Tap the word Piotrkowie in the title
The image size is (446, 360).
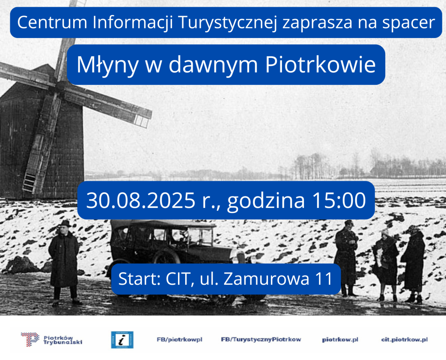pos(320,64)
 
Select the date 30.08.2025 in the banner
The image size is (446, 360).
pos(141,200)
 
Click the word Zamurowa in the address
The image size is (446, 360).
pos(266,279)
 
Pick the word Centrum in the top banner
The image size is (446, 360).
pos(52,22)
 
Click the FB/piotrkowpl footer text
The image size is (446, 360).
pos(180,340)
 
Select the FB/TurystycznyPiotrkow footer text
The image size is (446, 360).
pos(261,340)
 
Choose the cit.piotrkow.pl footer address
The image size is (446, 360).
pos(404,340)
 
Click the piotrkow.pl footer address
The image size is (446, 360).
pos(340,340)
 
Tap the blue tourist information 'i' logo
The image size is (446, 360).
pos(122,340)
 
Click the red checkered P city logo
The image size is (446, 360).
pos(30,339)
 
